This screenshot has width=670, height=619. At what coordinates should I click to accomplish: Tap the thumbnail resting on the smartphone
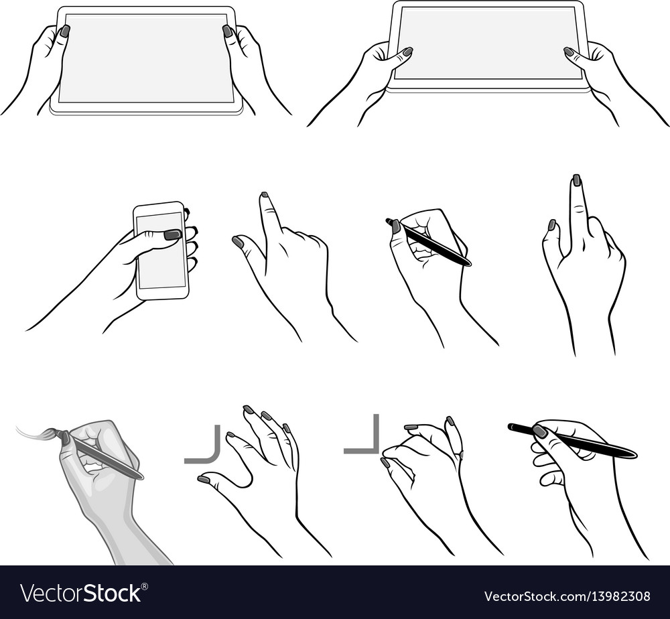pos(172,234)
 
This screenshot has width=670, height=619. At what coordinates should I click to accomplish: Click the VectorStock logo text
pos(83,594)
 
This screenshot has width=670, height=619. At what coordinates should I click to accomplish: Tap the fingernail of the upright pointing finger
pos(576,180)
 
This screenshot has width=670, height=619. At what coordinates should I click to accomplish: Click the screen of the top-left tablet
pos(146,58)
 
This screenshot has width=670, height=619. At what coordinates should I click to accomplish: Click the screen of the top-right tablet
pos(488,44)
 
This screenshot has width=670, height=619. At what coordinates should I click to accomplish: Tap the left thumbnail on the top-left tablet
pos(65,31)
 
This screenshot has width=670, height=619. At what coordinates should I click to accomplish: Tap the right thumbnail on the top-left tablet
pos(227,31)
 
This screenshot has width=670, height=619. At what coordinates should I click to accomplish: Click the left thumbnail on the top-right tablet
pos(407,52)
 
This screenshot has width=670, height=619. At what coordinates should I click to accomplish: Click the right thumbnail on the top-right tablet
pos(569,52)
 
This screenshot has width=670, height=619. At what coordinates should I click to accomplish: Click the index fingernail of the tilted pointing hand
pos(264,195)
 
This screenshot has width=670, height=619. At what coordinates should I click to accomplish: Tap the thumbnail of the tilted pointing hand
pos(238,242)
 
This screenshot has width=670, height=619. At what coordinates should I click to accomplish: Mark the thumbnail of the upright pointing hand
pos(551,225)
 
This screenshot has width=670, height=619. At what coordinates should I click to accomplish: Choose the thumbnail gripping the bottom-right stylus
pos(539,431)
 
